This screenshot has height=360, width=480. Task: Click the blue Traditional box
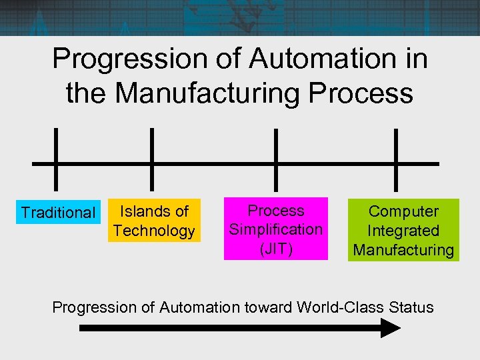(58, 213)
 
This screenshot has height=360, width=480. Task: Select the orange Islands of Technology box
(154, 221)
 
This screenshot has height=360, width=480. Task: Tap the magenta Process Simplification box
(276, 229)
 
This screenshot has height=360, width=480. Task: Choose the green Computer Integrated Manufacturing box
(403, 231)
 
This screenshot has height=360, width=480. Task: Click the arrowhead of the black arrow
(390, 328)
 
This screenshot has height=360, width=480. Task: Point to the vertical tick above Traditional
(55, 143)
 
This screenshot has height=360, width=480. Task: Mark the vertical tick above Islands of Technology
(153, 143)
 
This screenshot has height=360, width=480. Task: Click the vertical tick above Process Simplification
(275, 143)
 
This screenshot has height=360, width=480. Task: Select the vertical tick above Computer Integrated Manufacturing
(397, 143)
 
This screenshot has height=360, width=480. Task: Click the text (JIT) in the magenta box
(276, 248)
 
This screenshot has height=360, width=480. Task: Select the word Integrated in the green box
(403, 231)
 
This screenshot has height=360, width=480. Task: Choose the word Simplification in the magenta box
(276, 229)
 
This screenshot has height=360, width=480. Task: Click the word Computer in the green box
(403, 211)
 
